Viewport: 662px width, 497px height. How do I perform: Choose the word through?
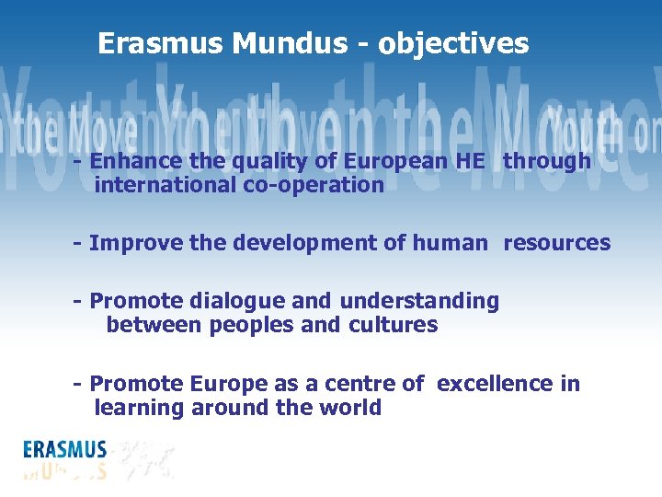[x=547, y=161]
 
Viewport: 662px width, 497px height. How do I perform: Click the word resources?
[x=556, y=243]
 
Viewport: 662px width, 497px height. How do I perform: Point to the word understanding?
[x=419, y=301]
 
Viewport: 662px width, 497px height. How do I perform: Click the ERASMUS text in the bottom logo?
[x=65, y=451]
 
